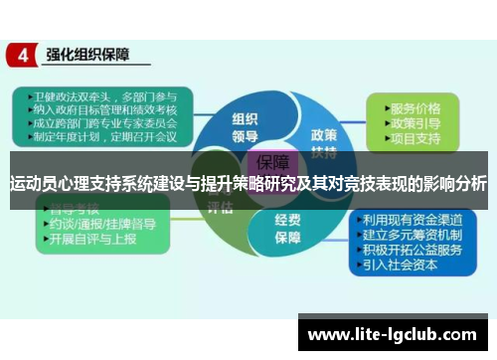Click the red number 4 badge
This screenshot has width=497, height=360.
pos(21,56)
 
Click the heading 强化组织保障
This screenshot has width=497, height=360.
pos(91,55)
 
